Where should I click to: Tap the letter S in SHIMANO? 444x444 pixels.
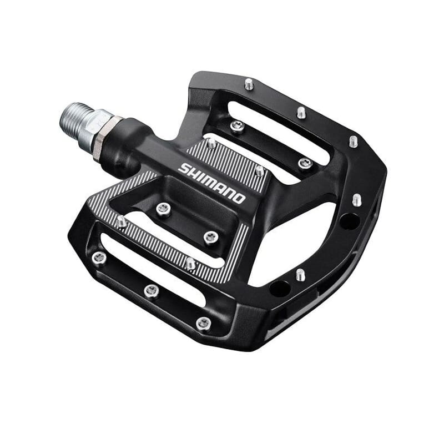[183, 168]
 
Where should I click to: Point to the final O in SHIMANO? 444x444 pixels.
[239, 199]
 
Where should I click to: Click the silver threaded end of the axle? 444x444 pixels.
[74, 124]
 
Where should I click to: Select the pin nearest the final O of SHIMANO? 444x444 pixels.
[260, 171]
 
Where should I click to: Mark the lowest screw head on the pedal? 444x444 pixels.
[204, 323]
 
